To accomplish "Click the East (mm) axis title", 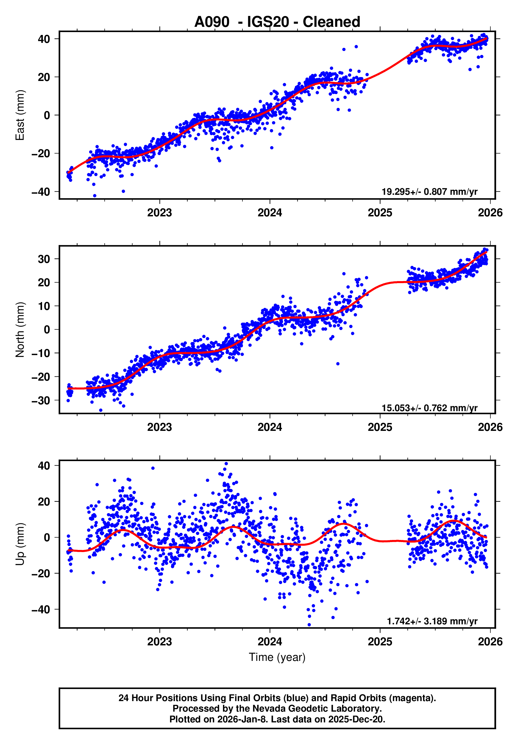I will [x=20, y=115].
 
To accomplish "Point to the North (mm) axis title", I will [x=20, y=329].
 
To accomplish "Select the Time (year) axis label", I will [x=277, y=657].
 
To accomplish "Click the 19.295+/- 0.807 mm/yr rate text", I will [x=429, y=192].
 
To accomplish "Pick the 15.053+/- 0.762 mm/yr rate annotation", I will [x=429, y=408].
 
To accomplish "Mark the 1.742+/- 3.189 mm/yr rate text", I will [x=432, y=621].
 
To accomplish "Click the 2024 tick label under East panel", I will [x=270, y=213].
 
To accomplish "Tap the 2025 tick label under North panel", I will [x=380, y=427].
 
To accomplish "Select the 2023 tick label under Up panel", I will [x=159, y=641].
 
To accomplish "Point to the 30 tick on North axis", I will [x=44, y=259].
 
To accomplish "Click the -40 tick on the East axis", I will [x=40, y=192].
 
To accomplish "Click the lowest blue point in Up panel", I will [x=309, y=625].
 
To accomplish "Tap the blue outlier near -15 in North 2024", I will [x=338, y=364].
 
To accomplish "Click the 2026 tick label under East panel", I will [x=490, y=213].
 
